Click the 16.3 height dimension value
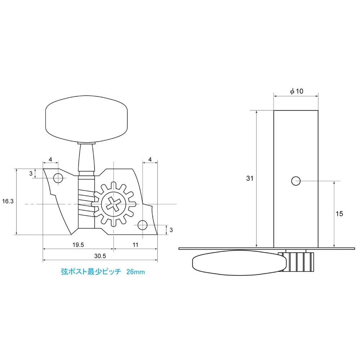tap(8, 202)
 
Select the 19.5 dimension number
tap(78, 245)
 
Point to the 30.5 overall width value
tap(100, 256)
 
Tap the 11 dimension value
tap(135, 245)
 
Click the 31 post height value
tap(250, 178)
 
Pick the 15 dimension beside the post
tap(339, 213)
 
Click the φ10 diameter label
tap(297, 91)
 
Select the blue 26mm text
tap(135, 272)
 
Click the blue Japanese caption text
tap(92, 272)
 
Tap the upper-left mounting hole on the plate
tap(58, 178)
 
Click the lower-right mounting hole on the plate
tap(143, 225)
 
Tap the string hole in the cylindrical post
tap(296, 181)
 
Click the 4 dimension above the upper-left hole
tap(50, 159)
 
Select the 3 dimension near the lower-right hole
tap(171, 229)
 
